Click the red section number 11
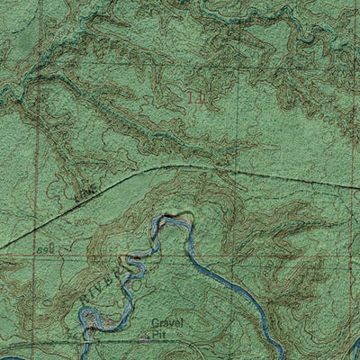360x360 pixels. point(196,93)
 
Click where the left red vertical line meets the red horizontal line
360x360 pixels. point(37,255)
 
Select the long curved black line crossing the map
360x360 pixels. point(180,166)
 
